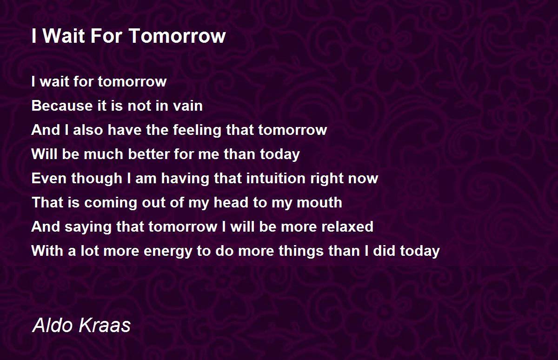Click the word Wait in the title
click(64, 36)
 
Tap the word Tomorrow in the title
click(177, 36)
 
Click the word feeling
click(197, 130)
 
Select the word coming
click(110, 203)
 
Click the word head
click(231, 202)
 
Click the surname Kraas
click(105, 325)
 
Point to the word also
click(88, 130)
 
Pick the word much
click(104, 154)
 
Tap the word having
click(185, 179)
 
